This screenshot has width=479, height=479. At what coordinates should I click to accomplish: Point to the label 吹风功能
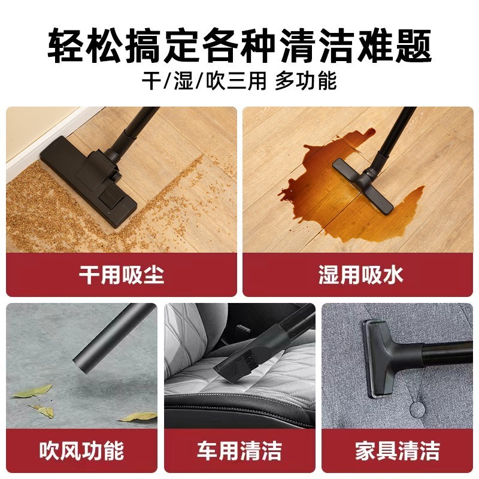pos(81,450)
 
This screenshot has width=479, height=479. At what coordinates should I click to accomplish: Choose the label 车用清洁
pos(239,450)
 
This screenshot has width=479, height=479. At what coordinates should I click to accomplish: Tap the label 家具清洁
pos(398,450)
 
